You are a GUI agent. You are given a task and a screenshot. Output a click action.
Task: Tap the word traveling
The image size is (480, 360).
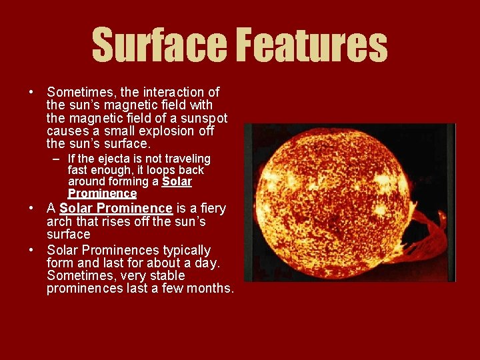(187, 159)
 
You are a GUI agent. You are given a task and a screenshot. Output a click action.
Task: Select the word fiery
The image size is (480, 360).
(209, 209)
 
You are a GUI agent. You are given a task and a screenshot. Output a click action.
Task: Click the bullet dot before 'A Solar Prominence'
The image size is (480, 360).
(31, 209)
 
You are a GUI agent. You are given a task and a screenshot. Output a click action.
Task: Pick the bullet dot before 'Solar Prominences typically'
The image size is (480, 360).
(31, 250)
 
